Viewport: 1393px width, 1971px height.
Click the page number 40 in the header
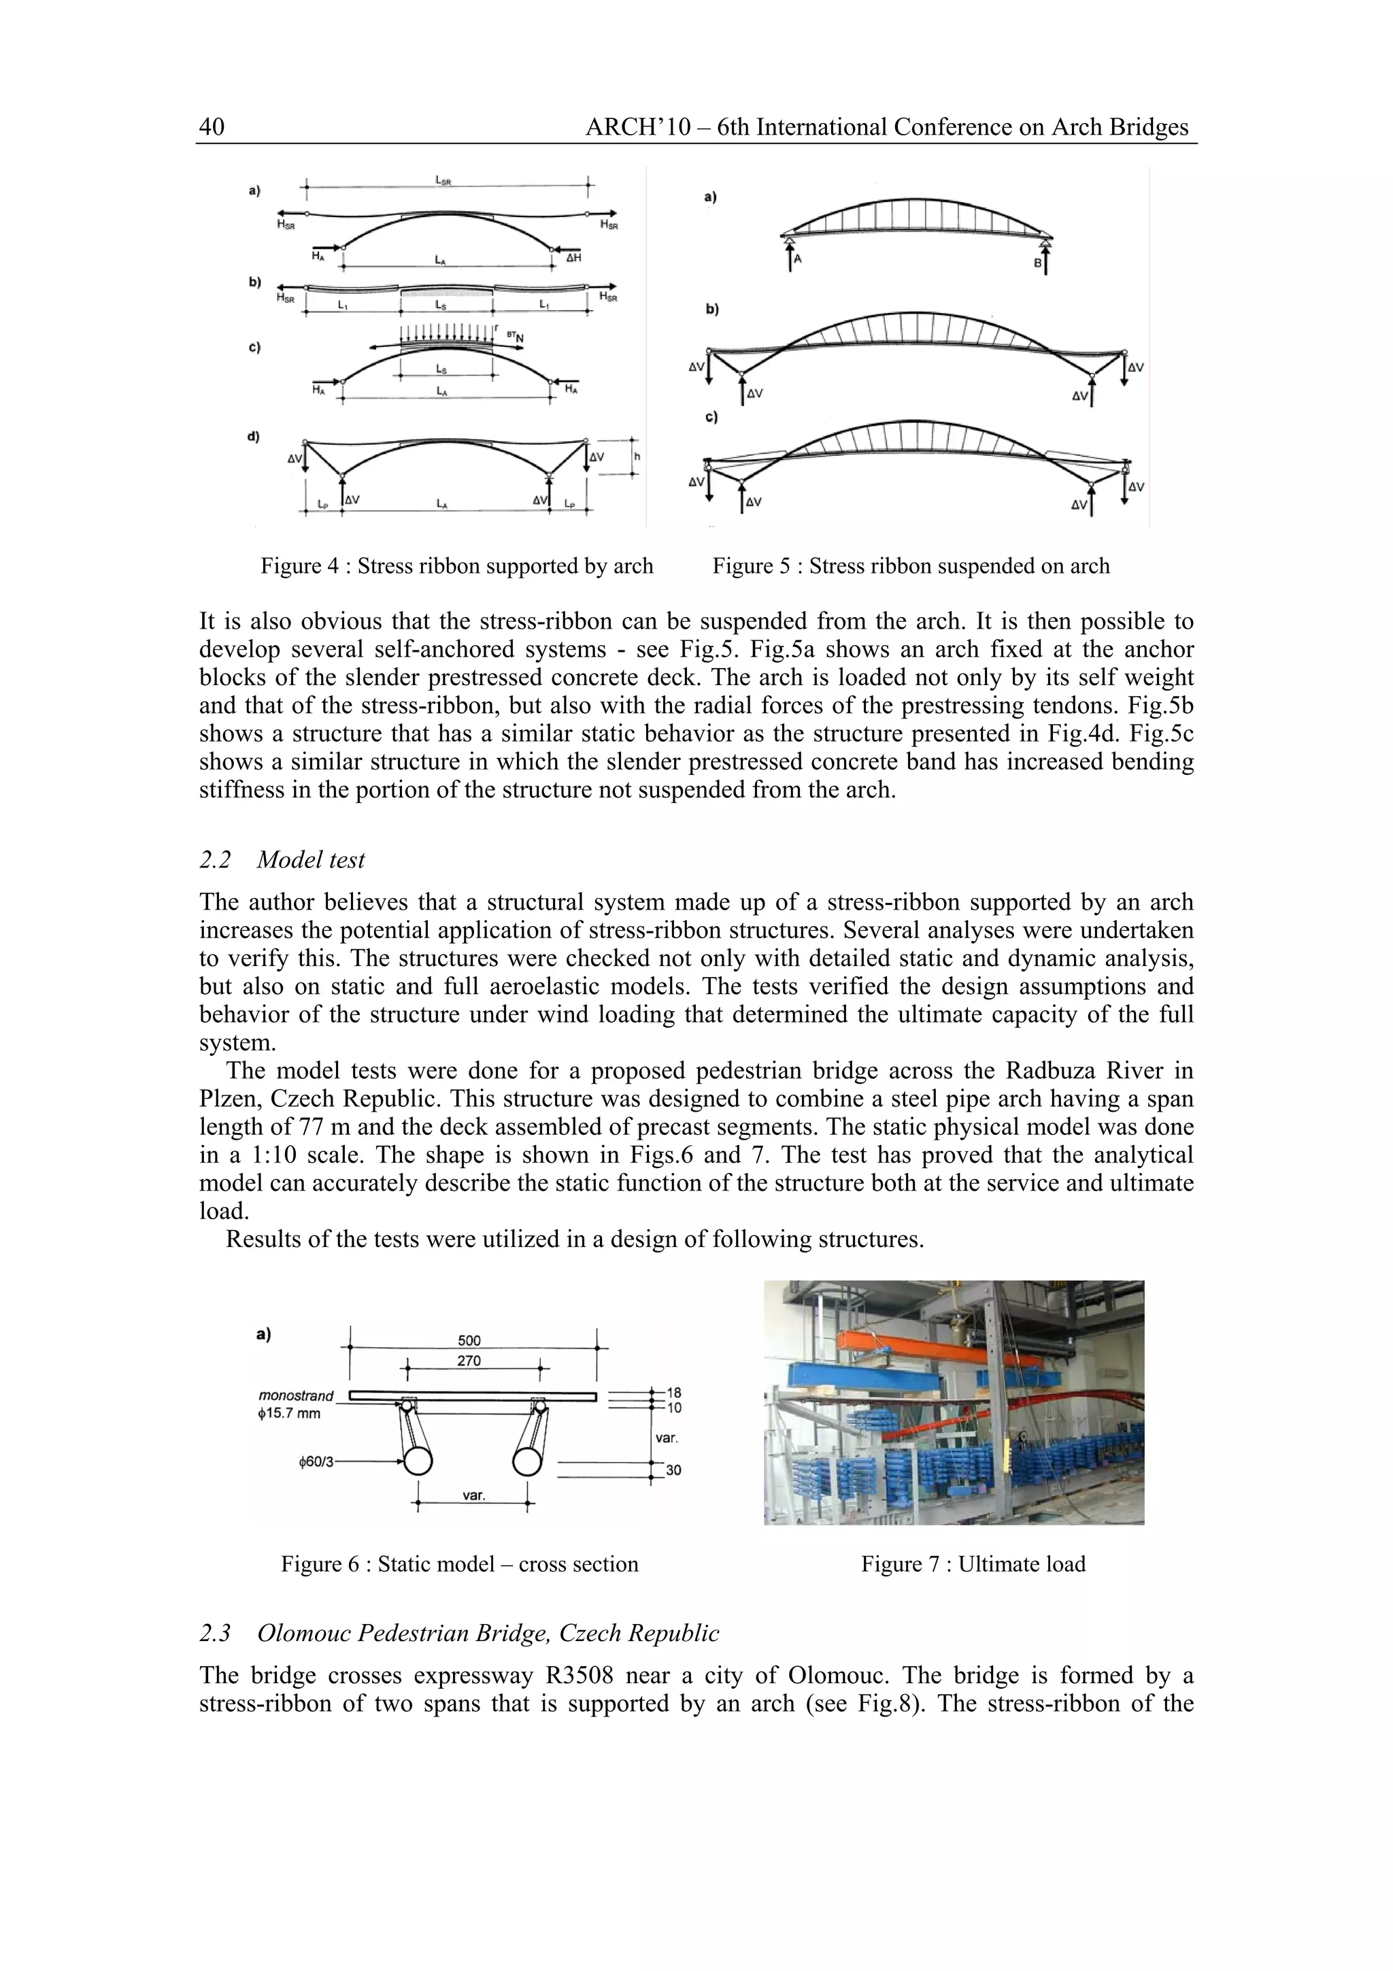[x=211, y=127]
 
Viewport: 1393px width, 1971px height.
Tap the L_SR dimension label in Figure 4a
[x=443, y=180]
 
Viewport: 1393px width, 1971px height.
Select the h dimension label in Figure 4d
[x=637, y=457]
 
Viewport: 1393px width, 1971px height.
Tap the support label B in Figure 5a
[x=1037, y=263]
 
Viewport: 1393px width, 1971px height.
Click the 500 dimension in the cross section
[x=469, y=1340]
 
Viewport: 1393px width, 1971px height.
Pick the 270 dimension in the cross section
[x=469, y=1361]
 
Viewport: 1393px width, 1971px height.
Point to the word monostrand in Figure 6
[x=296, y=1396]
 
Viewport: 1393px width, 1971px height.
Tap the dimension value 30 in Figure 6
[x=674, y=1470]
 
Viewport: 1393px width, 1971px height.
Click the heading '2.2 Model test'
[x=282, y=859]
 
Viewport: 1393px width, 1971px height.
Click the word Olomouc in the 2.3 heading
[x=304, y=1633]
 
